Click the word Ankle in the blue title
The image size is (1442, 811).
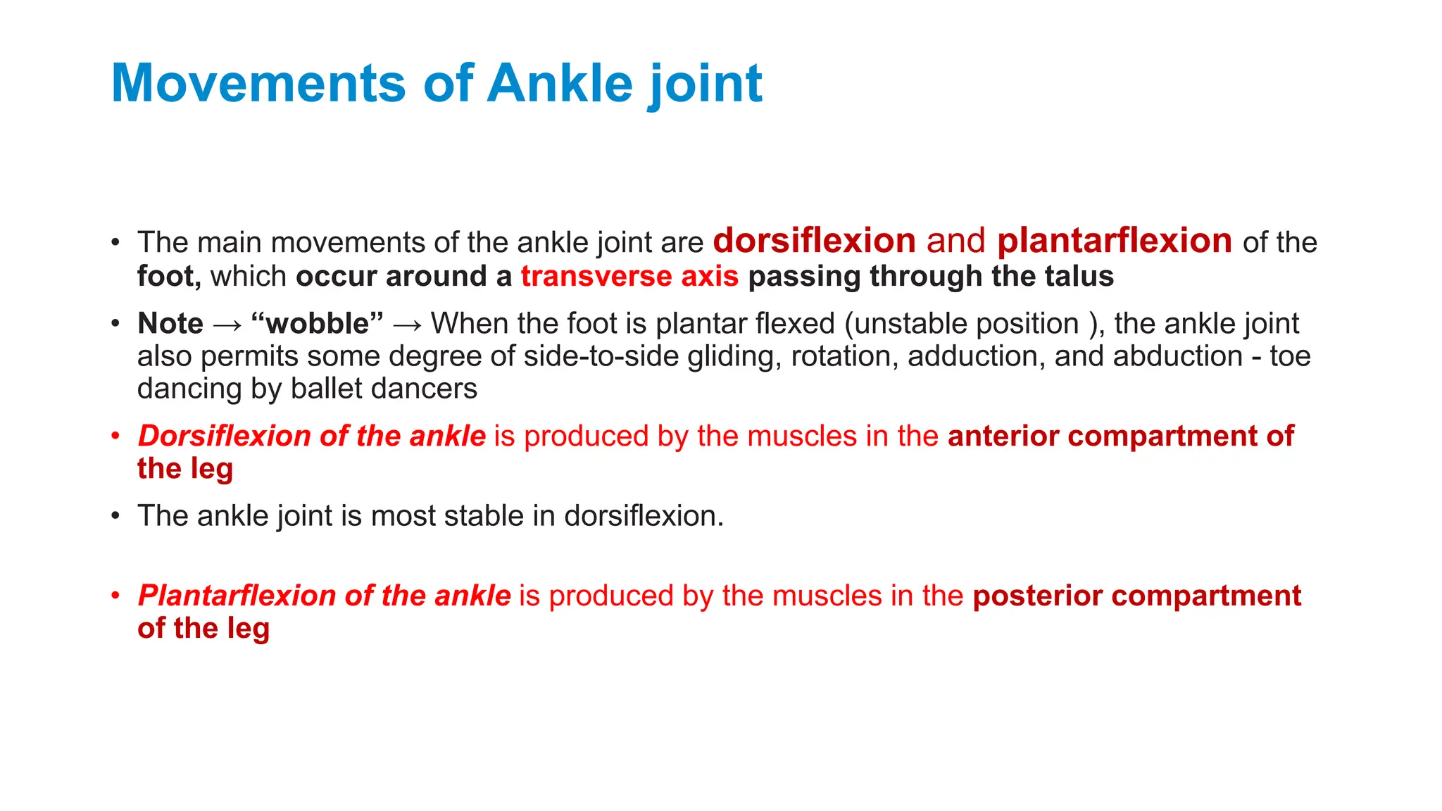pos(560,83)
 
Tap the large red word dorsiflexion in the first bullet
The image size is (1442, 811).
pos(814,241)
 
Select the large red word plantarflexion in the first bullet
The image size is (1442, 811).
pos(1114,241)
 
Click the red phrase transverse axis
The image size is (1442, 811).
pos(629,276)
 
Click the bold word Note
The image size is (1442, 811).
pos(170,324)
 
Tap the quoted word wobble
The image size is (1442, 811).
pos(317,324)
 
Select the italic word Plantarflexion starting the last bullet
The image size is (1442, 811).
pos(236,596)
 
